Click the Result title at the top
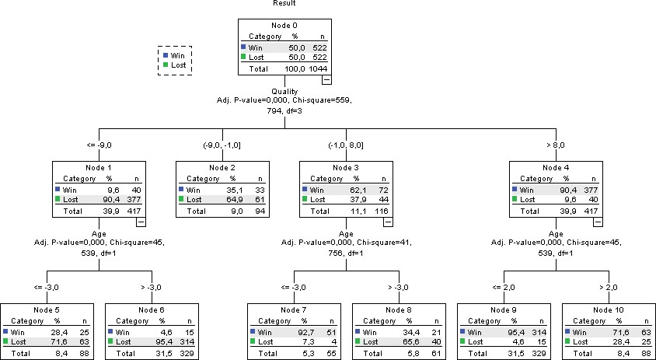coord(284,3)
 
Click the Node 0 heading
coord(284,26)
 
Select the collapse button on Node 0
coord(326,79)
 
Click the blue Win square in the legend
coord(166,55)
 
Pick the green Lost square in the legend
coord(166,65)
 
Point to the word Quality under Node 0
coord(284,91)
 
